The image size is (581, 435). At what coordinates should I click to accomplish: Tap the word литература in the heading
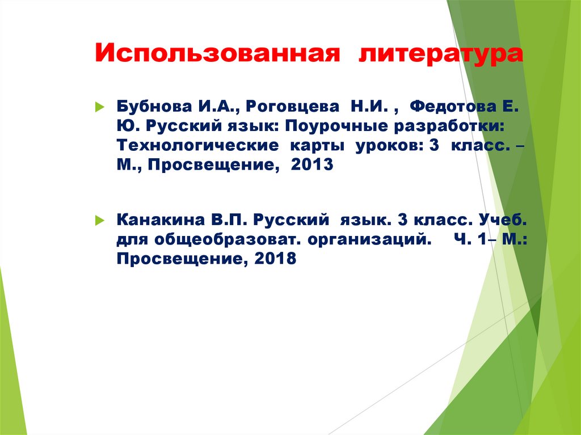pos(440,55)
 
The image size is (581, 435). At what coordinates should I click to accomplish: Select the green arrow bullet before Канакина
pos(99,219)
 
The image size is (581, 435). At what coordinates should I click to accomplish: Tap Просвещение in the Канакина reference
pos(180,259)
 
